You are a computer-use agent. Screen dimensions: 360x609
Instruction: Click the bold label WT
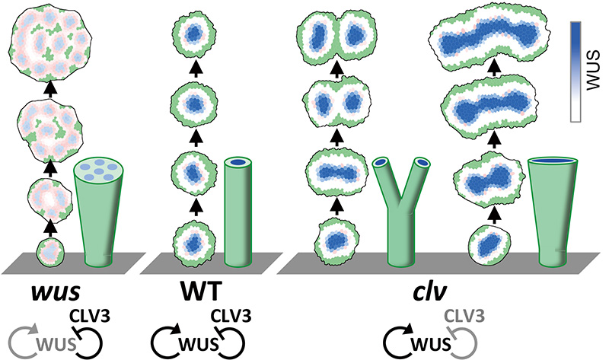(195, 292)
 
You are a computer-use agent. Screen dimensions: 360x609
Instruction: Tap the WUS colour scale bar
(581, 71)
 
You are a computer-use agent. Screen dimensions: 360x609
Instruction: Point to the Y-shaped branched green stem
(400, 221)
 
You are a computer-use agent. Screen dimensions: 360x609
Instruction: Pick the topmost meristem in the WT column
(196, 33)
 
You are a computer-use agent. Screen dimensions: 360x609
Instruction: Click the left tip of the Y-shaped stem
(381, 162)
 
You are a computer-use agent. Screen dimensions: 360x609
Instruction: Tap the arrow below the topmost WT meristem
(196, 68)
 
